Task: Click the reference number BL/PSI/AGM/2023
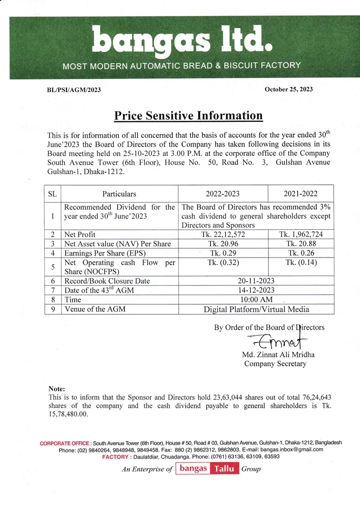74,90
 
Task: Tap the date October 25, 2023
289,89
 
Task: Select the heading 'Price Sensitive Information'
188,116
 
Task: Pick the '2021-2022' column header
301,194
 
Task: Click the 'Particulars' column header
119,194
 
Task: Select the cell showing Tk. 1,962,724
301,234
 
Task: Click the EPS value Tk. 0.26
301,253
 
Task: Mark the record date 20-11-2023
256,281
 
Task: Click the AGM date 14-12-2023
256,290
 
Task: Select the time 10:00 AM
256,300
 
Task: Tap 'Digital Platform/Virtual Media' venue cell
256,309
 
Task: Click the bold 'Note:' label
57,389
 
